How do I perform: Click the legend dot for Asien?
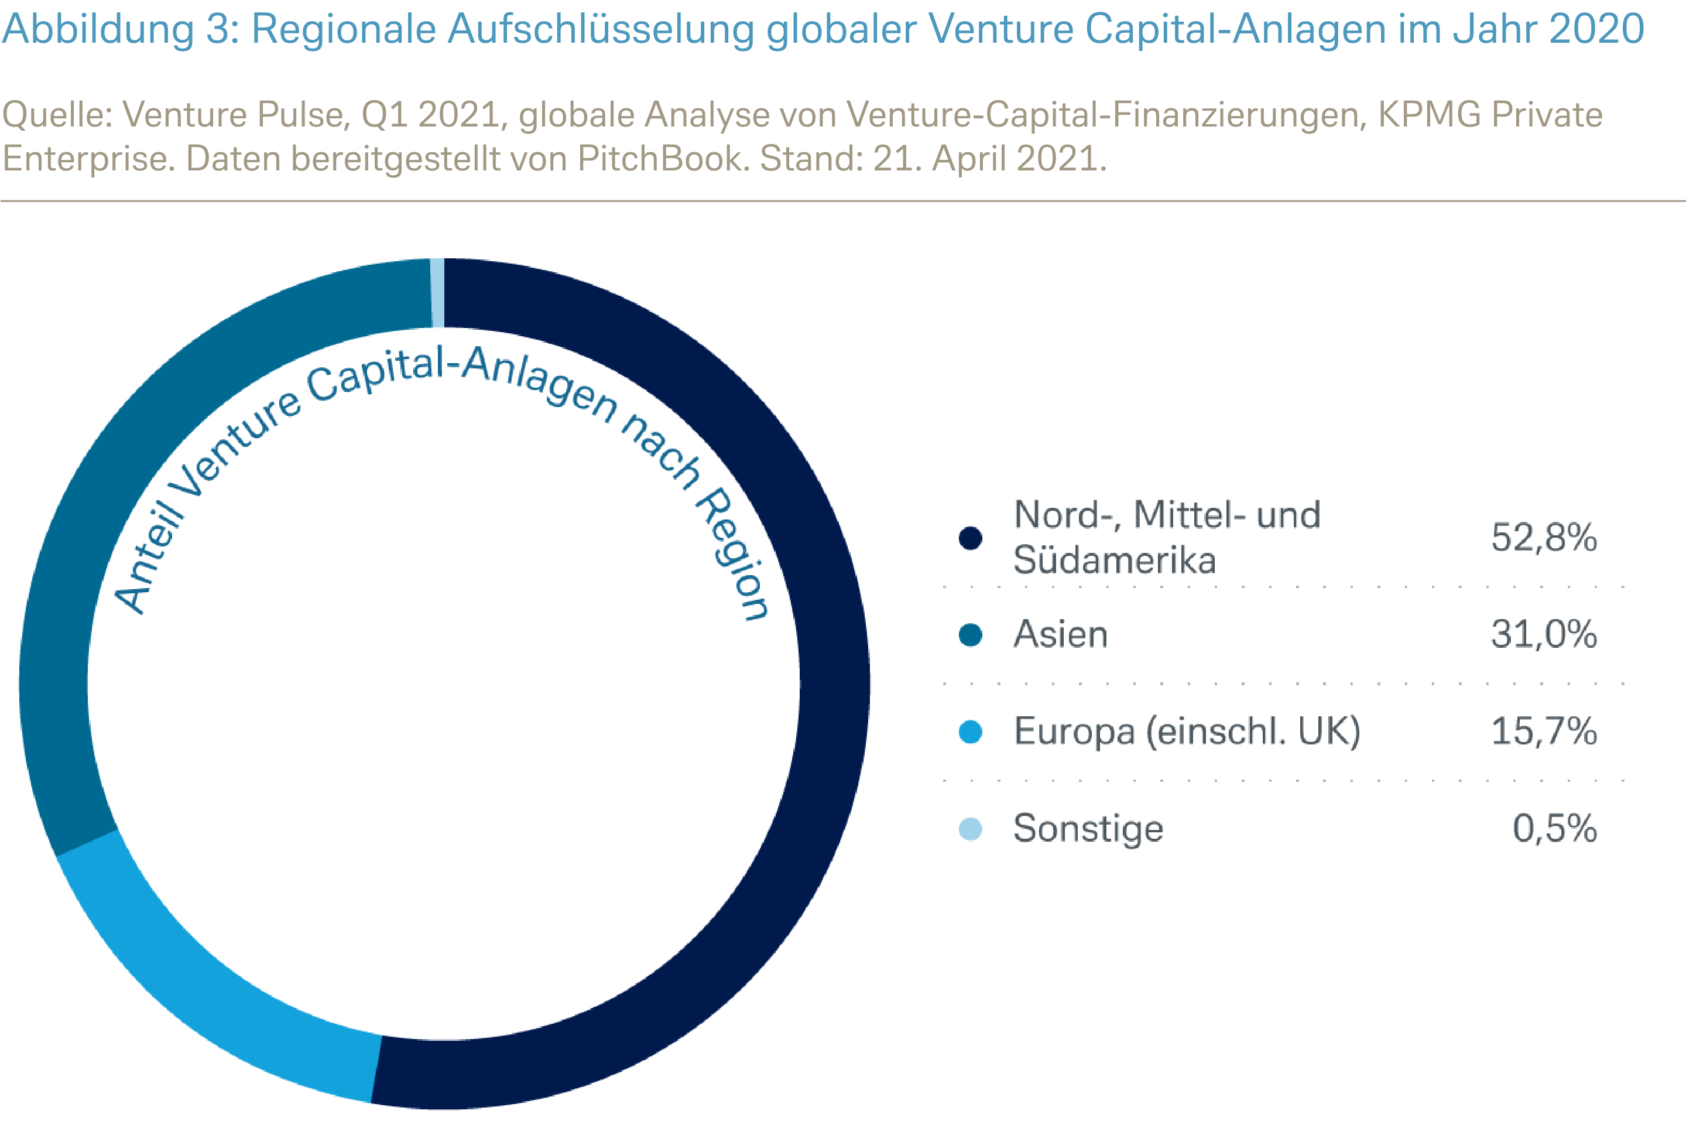970,635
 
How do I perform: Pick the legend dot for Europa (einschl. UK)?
970,732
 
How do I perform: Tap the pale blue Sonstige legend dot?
970,829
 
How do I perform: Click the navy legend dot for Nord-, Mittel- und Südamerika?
970,538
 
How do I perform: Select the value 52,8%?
1543,538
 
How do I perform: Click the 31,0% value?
1543,634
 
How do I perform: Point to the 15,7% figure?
1543,731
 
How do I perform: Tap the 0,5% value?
1554,828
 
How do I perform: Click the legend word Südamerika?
1114,560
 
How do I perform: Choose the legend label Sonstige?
1088,829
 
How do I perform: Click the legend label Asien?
1060,634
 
